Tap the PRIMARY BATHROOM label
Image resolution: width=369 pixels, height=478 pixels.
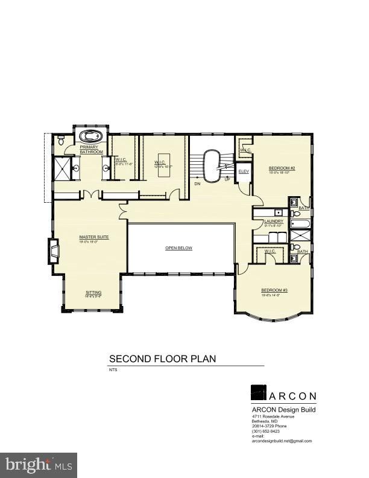point(92,149)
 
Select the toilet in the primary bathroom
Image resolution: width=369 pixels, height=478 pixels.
point(60,140)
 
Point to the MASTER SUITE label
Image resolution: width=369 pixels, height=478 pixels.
point(94,237)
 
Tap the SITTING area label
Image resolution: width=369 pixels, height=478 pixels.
point(93,293)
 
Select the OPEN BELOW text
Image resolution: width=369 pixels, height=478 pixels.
point(179,248)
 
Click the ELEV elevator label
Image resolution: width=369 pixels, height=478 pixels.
point(244,172)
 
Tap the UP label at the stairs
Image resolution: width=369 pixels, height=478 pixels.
point(227,179)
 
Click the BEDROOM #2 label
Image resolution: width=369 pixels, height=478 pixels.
point(281,168)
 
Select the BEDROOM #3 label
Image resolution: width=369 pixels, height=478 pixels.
point(274,290)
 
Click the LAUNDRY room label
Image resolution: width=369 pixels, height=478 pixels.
point(273,221)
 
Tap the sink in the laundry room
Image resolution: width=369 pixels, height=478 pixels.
point(277,212)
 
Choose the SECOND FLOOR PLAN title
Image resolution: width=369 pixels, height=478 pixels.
point(162,358)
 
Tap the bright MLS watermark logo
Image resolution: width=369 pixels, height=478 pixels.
point(39,465)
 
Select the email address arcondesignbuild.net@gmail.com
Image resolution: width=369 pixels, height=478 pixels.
point(282,441)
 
